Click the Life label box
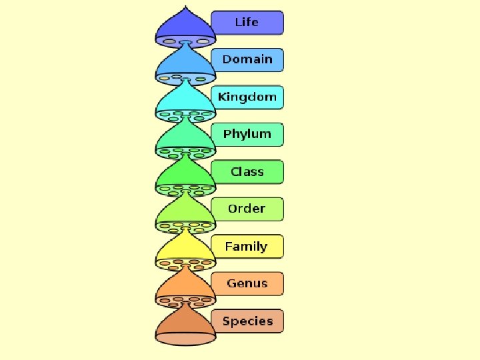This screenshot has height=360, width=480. [247, 23]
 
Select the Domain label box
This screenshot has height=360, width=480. [247, 60]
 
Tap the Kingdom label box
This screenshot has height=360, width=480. [247, 97]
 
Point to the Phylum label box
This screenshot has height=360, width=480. [247, 135]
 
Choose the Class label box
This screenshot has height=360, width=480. [247, 172]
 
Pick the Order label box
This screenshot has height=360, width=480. [247, 209]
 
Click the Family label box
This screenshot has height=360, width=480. [247, 247]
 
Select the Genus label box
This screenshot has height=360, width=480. [247, 284]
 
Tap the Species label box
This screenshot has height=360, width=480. [247, 321]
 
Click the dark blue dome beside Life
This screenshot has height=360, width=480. [185, 27]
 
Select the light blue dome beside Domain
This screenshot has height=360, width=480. [185, 65]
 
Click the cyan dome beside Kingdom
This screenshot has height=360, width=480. [185, 102]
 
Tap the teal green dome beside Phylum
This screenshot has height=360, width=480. [185, 139]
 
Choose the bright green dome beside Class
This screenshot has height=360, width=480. [185, 177]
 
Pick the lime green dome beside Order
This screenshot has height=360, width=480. [185, 214]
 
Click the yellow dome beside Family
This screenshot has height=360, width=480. [185, 251]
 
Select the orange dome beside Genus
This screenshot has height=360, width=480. [185, 289]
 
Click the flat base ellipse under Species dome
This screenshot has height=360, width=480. [185, 339]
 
